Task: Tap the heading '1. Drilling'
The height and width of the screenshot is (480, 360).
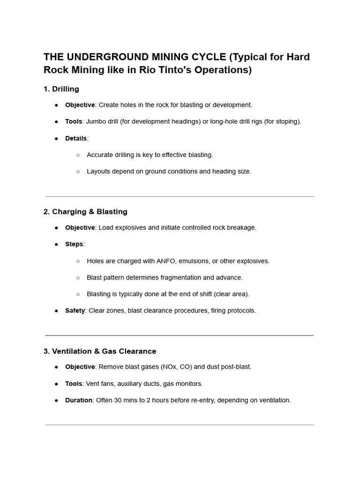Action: coord(61,89)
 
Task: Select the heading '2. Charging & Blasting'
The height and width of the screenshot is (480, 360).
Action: coord(85,212)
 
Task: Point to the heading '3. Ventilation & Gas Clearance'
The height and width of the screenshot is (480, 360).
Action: coord(100,351)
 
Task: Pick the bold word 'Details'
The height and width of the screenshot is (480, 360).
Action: coord(76,138)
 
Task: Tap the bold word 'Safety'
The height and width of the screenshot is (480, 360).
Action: coord(75,311)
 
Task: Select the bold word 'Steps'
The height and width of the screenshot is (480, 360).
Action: coord(74,244)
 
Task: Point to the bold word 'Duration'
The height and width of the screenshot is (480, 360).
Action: coord(79,400)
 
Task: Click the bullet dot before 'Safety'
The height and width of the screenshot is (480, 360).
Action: coord(56,311)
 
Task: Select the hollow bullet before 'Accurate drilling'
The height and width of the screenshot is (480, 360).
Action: coord(78,155)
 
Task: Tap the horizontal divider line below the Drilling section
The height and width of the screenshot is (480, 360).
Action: coord(180,196)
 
